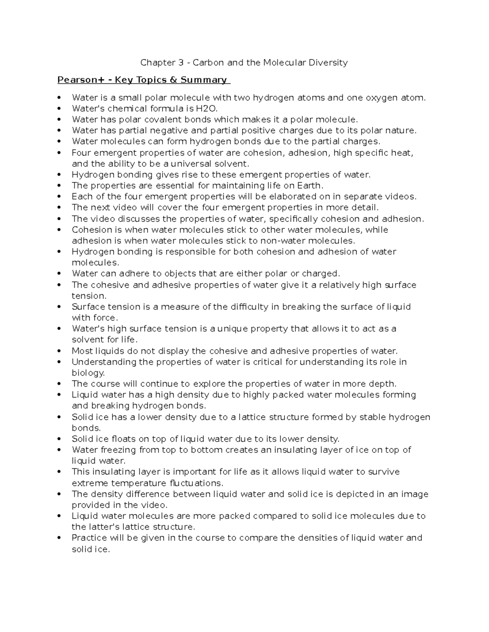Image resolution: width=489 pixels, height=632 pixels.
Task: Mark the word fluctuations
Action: [196, 483]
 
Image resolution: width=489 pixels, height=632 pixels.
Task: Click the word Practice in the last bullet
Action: [89, 538]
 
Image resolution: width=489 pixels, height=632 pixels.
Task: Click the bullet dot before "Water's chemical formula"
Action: [59, 109]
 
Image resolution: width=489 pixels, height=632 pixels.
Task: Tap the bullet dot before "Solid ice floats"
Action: [59, 439]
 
